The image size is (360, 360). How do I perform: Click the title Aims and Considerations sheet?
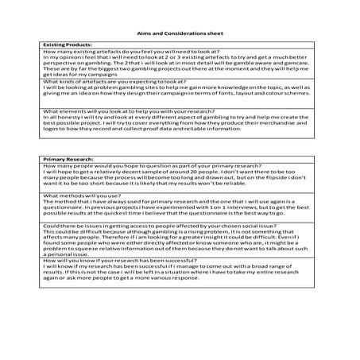[x=179, y=33]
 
